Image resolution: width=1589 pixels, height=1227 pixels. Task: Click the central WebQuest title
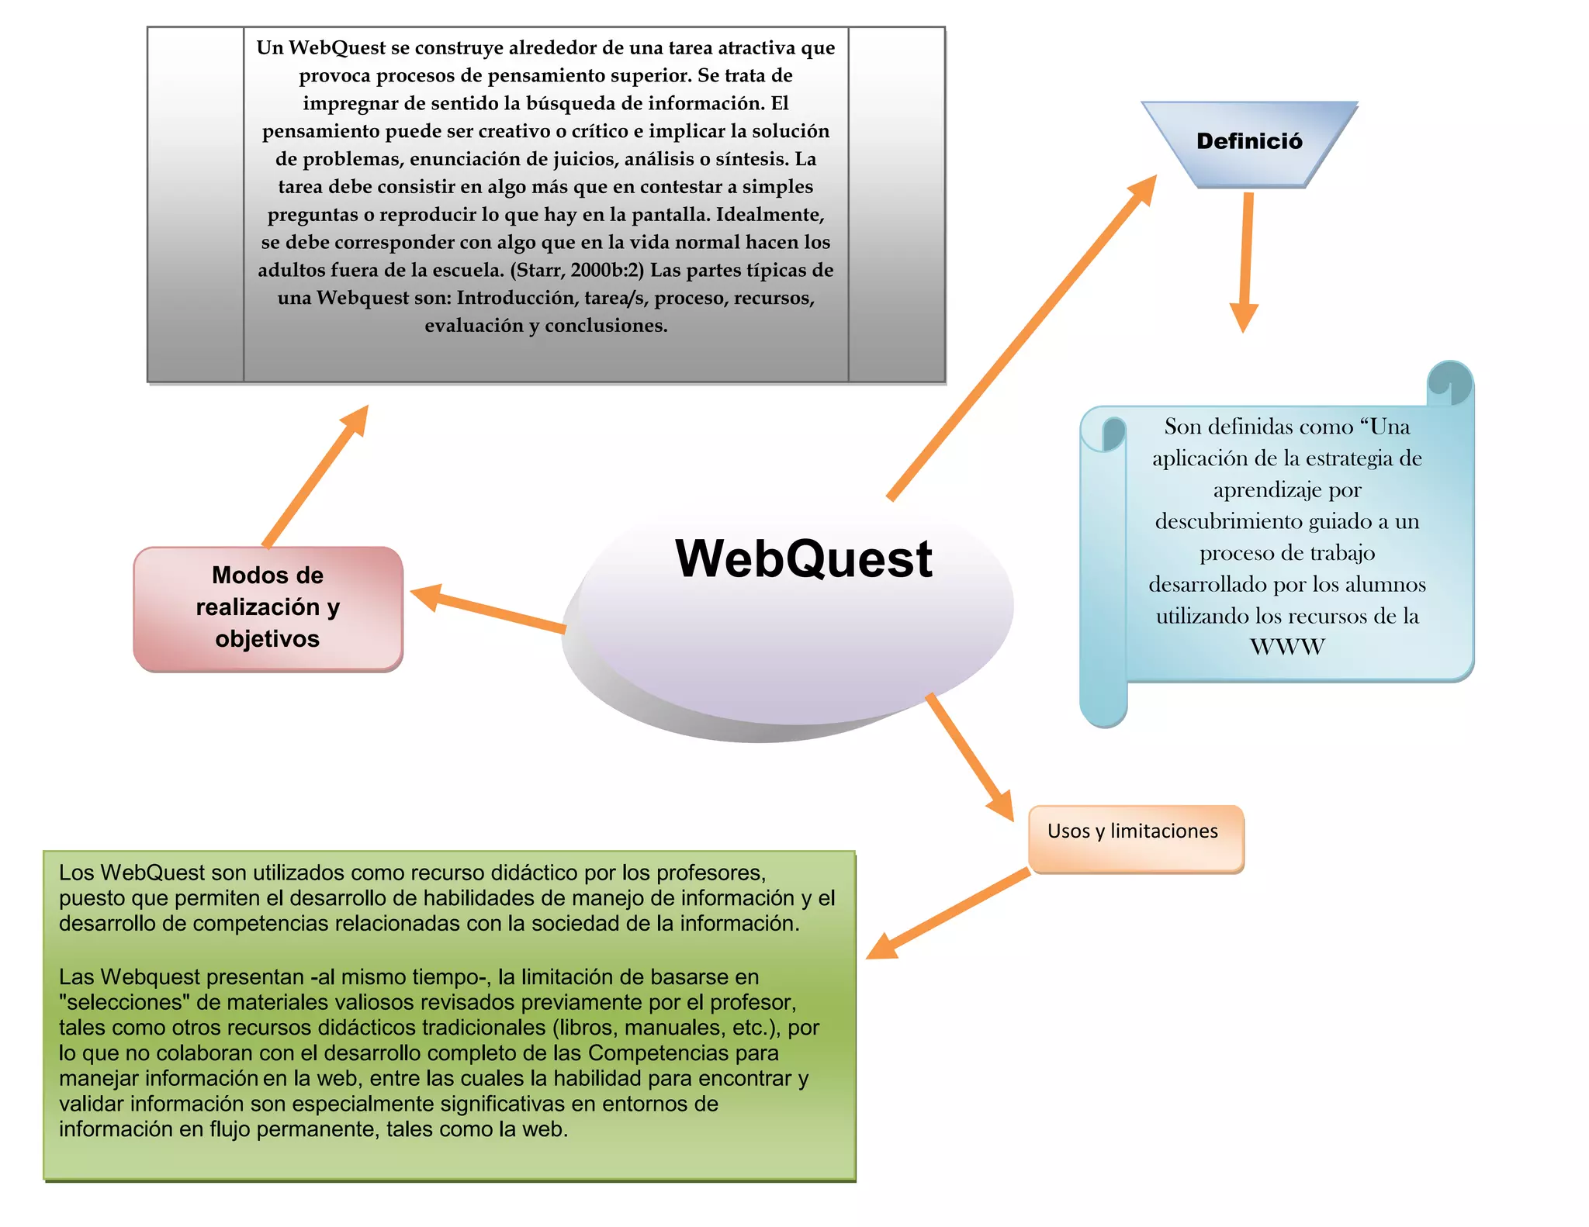tap(804, 558)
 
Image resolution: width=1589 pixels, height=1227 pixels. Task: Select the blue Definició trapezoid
tap(1249, 142)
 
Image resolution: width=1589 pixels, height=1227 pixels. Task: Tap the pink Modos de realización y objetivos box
tap(268, 608)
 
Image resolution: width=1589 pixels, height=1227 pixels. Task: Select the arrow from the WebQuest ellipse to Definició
tap(1023, 337)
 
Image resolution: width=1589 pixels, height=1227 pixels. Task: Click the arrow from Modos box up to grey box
tap(315, 476)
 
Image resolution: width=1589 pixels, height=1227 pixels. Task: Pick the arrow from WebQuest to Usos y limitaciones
tap(971, 757)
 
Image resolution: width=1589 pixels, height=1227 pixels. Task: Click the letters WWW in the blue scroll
tap(1287, 647)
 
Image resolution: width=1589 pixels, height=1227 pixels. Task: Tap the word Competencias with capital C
tap(683, 1053)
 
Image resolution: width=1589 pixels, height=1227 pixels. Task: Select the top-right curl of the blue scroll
tap(1449, 382)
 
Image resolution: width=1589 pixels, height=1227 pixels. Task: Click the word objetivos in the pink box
tap(268, 639)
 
